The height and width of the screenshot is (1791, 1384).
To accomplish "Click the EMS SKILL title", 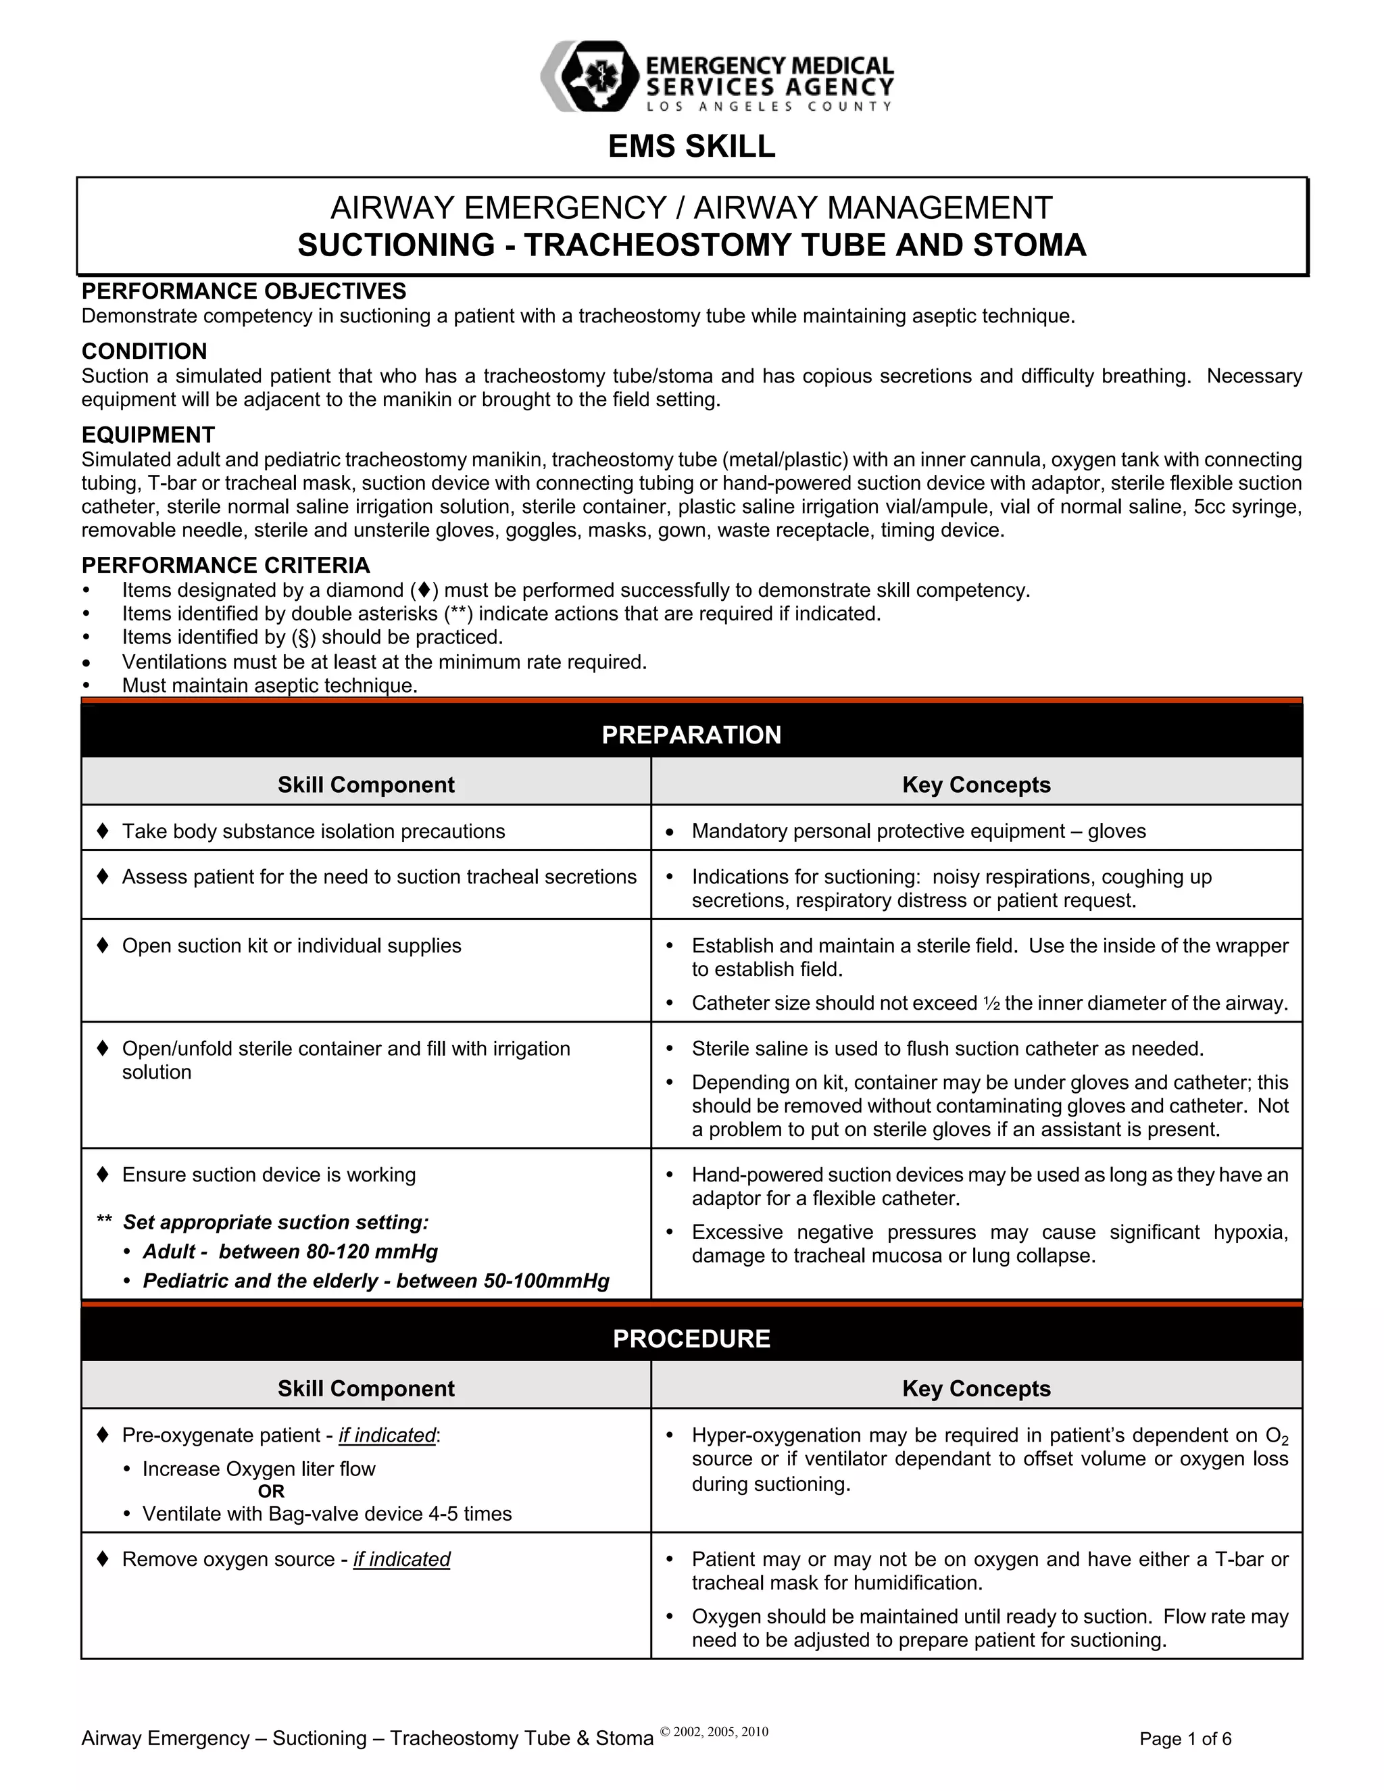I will point(691,146).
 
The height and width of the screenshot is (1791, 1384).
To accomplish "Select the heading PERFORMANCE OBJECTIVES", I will point(243,291).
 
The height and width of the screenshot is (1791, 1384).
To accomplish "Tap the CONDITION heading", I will point(145,351).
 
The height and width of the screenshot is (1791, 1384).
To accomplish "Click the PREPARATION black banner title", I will point(691,735).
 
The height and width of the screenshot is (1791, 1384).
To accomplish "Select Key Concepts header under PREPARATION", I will point(976,785).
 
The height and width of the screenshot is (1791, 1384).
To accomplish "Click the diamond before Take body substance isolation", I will point(103,831).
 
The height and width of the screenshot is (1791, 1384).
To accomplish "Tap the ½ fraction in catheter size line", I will point(991,1003).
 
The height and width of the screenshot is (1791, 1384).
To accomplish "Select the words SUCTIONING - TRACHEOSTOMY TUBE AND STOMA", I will point(691,245).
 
